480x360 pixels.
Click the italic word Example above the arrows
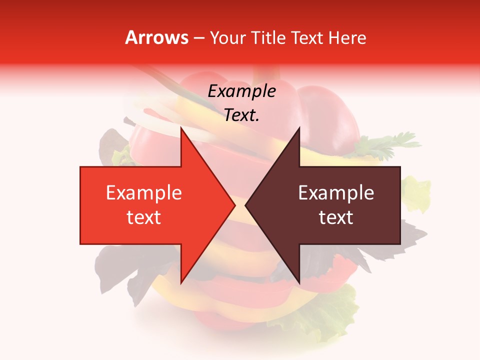tap(241, 91)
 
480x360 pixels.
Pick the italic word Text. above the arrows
tap(241, 115)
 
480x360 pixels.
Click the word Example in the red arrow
tap(144, 192)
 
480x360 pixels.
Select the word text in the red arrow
tap(144, 217)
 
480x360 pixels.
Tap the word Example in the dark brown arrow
tap(336, 192)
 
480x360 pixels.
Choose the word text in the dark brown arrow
tap(336, 217)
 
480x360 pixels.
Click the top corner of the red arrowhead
tap(181, 128)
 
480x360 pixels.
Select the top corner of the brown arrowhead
tap(299, 128)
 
